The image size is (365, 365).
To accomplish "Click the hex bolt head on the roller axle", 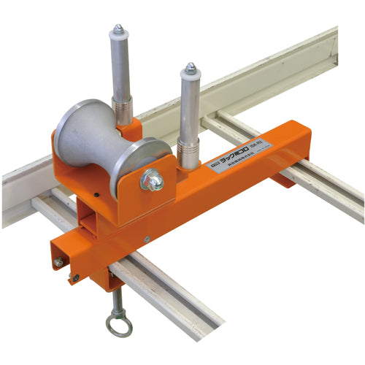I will click(153, 180).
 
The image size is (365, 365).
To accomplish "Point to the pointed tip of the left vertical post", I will click(118, 30).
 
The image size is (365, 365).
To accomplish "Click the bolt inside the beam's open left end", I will click(58, 262).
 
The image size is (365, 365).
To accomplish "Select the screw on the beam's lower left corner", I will click(75, 277).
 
